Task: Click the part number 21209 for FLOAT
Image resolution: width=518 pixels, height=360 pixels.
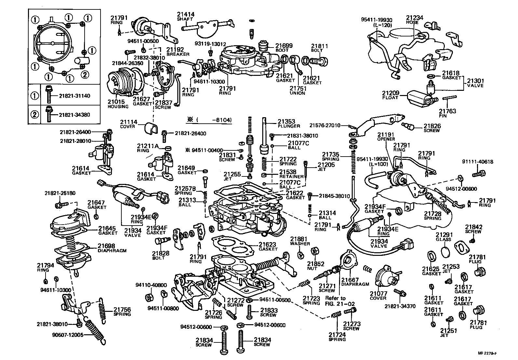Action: click(390, 93)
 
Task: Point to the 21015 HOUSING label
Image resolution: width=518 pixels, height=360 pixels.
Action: click(116, 104)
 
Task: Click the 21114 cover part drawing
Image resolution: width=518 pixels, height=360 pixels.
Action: click(150, 129)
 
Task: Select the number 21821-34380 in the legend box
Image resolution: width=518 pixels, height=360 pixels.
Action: click(75, 115)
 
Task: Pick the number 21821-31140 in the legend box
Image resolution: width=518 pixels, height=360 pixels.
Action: click(75, 96)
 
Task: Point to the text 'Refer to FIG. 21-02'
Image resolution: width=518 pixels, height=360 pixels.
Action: click(335, 301)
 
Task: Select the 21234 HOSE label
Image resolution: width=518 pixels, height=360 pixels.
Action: click(414, 20)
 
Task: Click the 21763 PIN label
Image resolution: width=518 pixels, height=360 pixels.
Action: click(447, 113)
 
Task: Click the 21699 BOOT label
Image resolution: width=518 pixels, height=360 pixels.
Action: click(284, 48)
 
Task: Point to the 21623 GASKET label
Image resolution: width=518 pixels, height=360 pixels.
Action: click(268, 246)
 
